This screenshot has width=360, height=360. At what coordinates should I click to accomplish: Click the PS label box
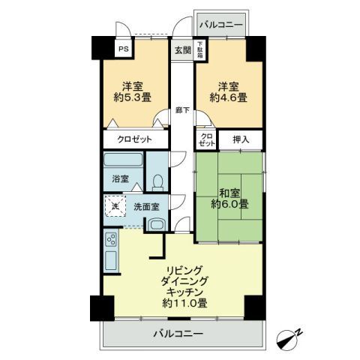[121, 50]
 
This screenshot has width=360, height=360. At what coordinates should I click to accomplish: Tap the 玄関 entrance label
[182, 51]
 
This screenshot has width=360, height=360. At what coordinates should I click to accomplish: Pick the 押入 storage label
[241, 139]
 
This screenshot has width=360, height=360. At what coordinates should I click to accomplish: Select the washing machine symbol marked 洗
[115, 206]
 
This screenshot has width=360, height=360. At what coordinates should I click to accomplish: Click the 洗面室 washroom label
[146, 206]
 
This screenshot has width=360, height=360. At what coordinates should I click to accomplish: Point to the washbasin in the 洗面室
[156, 225]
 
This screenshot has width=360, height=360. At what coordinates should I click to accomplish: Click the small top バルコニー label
[220, 25]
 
